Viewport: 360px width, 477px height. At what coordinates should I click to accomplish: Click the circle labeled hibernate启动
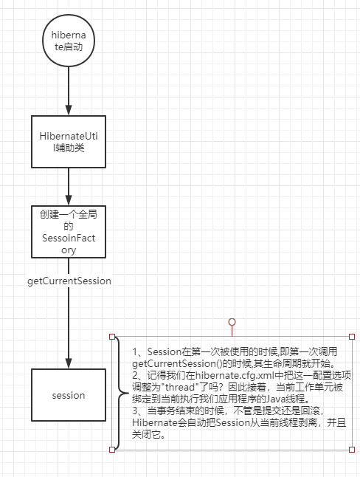pos(69,46)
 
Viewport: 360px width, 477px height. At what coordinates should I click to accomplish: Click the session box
pos(69,395)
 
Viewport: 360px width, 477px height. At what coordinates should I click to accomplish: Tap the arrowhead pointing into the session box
pos(69,364)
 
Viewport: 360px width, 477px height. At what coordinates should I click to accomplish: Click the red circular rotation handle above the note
pos(233,322)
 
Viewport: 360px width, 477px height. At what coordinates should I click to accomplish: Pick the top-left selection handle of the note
pos(112,337)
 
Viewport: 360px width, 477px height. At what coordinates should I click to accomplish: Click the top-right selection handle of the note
pos(354,337)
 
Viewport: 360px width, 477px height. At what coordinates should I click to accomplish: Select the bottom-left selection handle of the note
pos(112,449)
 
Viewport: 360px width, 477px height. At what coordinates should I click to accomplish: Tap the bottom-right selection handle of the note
pos(354,449)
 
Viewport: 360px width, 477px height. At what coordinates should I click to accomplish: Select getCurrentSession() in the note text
pos(176,365)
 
